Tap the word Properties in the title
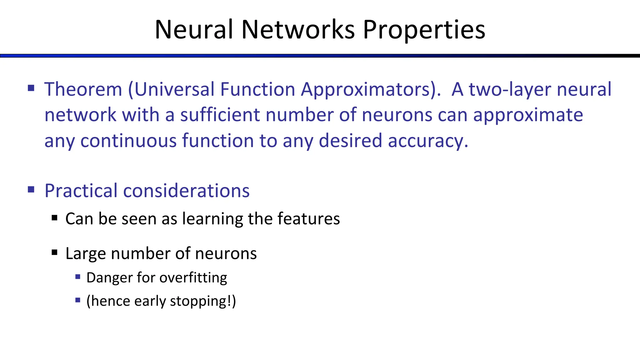click(424, 30)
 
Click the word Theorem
click(83, 89)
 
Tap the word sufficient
click(220, 115)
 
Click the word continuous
click(128, 141)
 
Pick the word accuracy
click(428, 141)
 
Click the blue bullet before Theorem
click(31, 88)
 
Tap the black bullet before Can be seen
click(55, 218)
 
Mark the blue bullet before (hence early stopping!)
click(78, 300)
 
